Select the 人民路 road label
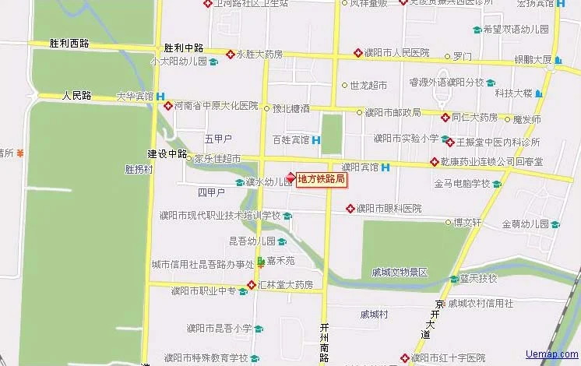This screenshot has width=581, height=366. tap(77, 96)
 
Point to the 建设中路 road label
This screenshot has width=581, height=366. tap(167, 153)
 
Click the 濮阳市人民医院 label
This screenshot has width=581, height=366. tap(396, 54)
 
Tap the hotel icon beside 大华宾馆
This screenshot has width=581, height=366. tap(160, 97)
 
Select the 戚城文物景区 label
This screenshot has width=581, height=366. tap(400, 272)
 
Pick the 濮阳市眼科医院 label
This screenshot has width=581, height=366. tap(389, 209)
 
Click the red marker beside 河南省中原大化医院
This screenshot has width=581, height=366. tap(168, 106)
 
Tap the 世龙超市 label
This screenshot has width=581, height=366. tap(368, 85)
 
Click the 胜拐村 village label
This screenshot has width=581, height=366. tap(139, 168)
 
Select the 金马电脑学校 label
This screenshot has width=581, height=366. tap(463, 184)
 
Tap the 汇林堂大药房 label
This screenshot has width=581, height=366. tap(287, 284)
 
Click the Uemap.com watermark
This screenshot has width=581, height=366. tap(551, 355)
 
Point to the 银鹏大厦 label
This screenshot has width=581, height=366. tap(533, 59)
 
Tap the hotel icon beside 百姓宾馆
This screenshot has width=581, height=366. tap(315, 140)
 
